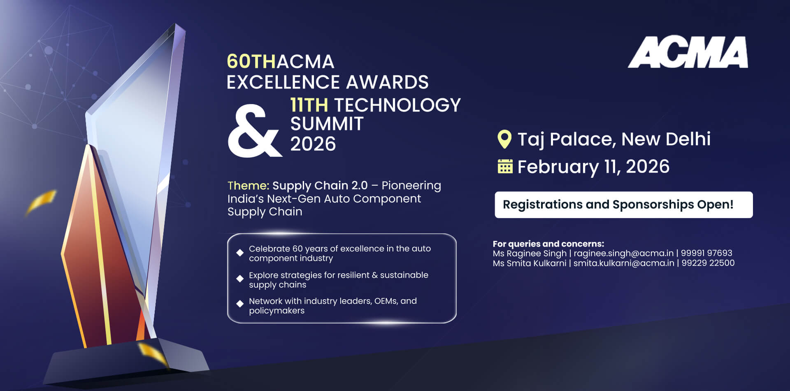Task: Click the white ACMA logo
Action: (x=688, y=52)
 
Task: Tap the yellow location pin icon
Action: (x=504, y=139)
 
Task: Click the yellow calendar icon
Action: (x=505, y=166)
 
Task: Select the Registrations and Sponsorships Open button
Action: (x=623, y=205)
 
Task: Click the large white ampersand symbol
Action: (x=254, y=131)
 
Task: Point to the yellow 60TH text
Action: (x=251, y=62)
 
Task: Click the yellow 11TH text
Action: (x=309, y=105)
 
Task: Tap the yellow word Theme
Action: (x=248, y=186)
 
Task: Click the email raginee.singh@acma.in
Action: (x=623, y=253)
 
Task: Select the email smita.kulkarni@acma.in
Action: (x=624, y=263)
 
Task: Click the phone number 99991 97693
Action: (x=706, y=253)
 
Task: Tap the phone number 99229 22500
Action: (x=708, y=263)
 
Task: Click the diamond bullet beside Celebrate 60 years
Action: (x=240, y=253)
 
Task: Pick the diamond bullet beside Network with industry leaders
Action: (x=240, y=304)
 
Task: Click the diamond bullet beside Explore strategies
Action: (x=240, y=279)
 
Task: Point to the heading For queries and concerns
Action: (x=548, y=244)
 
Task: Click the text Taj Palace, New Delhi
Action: (x=613, y=139)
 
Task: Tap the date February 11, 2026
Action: (x=593, y=167)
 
